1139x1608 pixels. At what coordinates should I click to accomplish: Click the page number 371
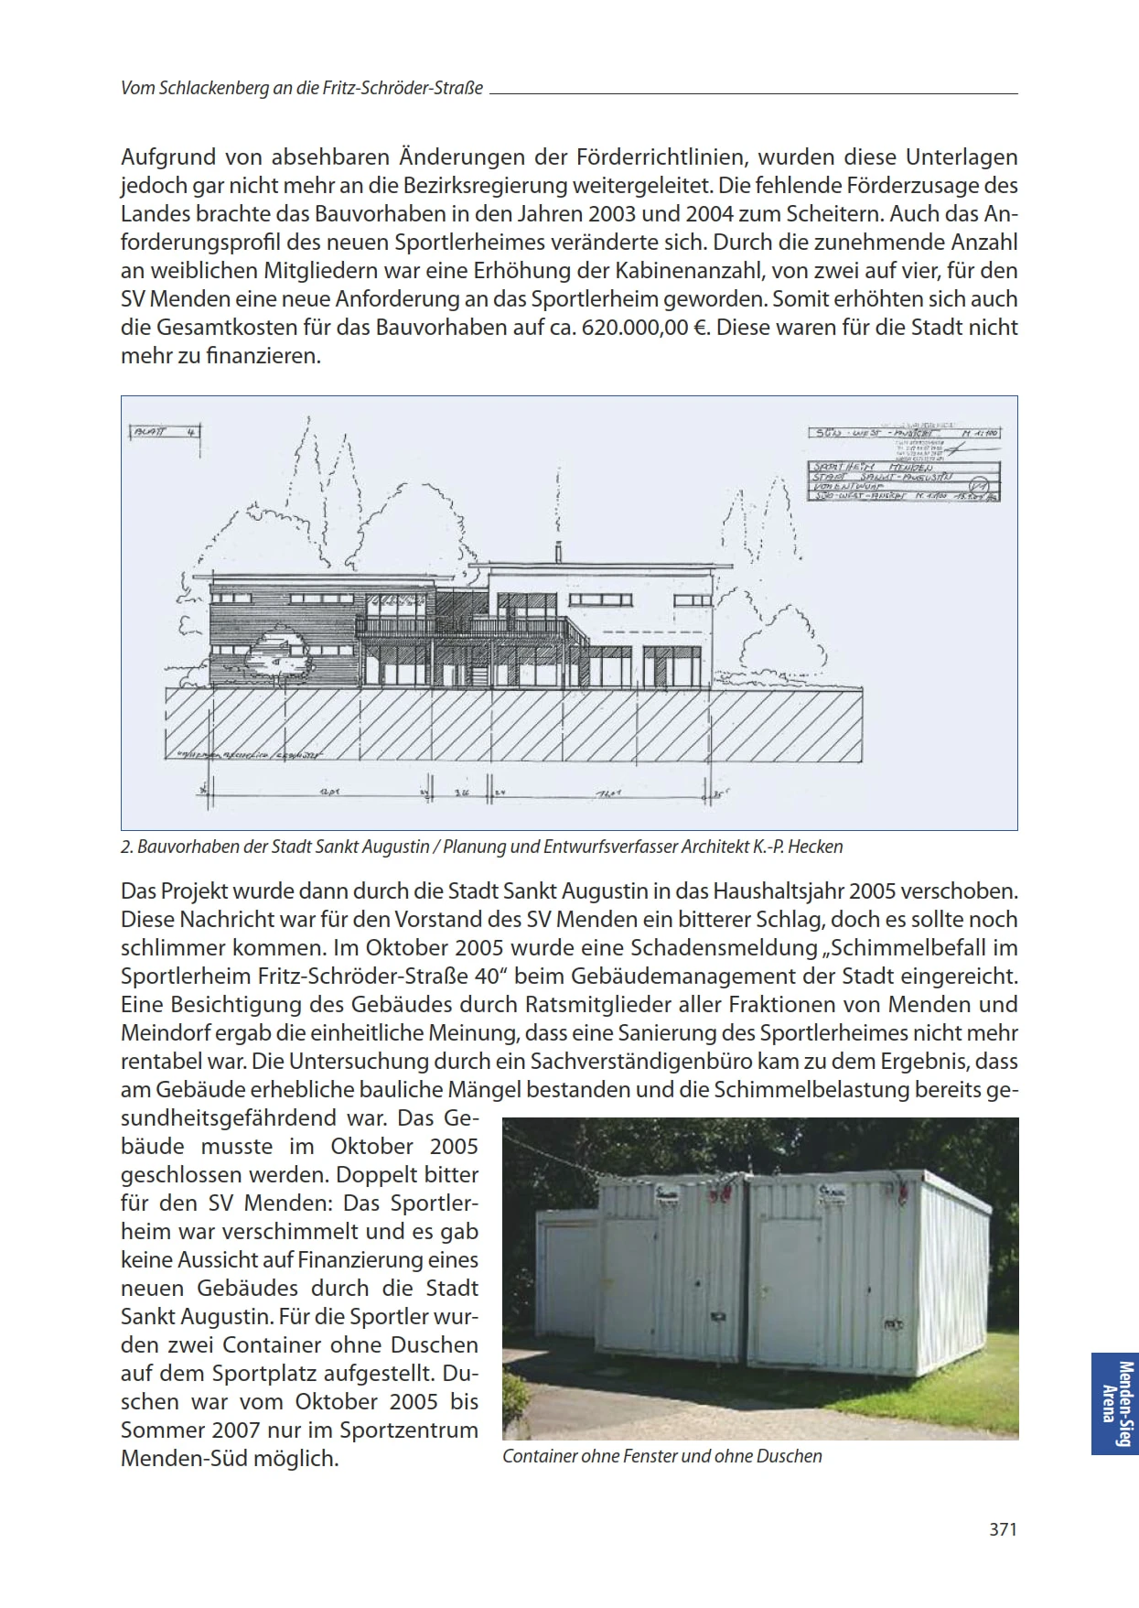click(x=1003, y=1528)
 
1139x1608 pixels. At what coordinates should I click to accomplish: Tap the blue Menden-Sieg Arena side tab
click(x=1113, y=1404)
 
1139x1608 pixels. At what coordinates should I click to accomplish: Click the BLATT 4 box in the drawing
click(x=165, y=432)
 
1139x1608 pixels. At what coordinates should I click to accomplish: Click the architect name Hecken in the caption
click(x=815, y=847)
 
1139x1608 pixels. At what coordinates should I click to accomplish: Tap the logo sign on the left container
click(x=665, y=1193)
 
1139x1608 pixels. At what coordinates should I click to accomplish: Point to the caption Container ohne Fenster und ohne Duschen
click(x=662, y=1456)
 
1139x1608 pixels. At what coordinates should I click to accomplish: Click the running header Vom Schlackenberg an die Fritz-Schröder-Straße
click(x=302, y=89)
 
